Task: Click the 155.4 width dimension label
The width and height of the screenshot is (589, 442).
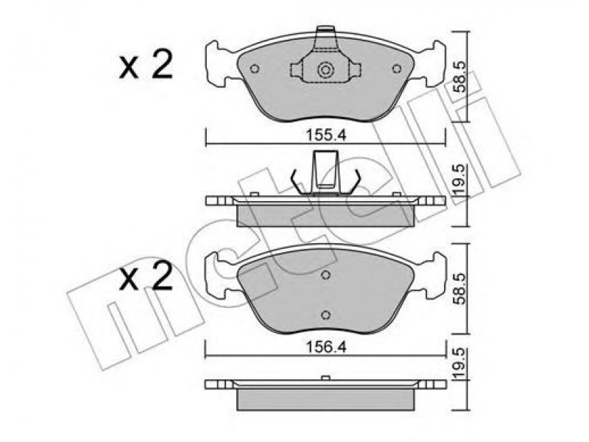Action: pos(325,135)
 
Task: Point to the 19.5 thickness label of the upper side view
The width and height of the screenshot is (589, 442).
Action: pos(459,179)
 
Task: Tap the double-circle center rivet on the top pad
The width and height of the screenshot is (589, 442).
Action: pos(325,70)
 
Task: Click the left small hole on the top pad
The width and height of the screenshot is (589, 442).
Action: pos(255,69)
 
